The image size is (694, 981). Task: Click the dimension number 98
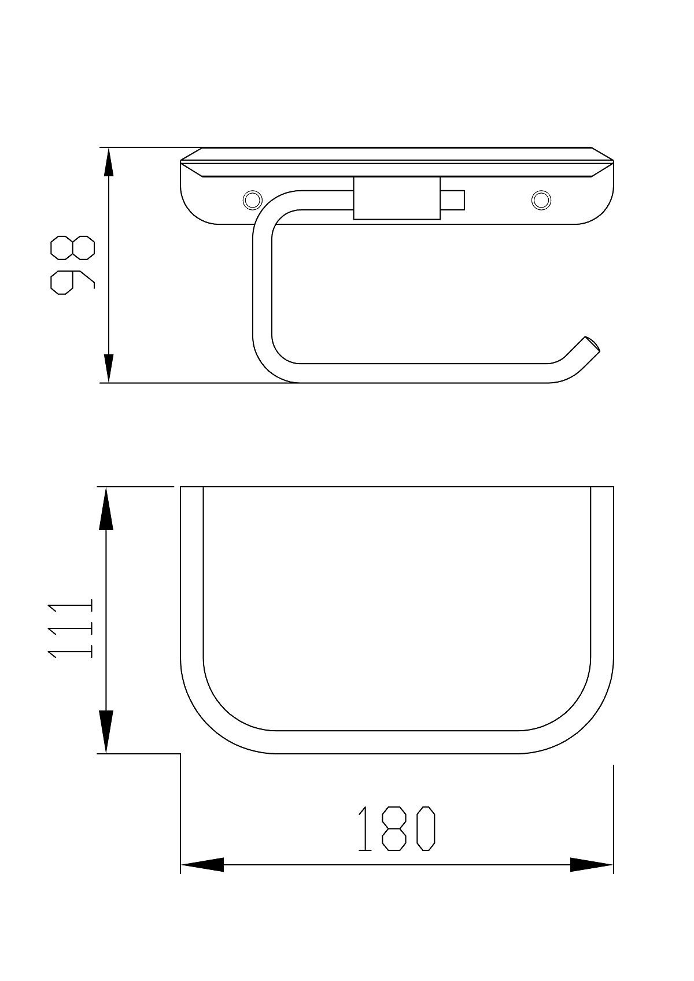[x=73, y=265]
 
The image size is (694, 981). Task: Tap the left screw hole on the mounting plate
[x=252, y=199]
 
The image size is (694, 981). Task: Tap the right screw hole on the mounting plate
[x=541, y=199]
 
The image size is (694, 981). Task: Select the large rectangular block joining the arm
[x=397, y=198]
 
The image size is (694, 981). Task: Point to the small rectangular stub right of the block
[x=453, y=200]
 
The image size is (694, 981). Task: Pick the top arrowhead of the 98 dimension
[x=108, y=162]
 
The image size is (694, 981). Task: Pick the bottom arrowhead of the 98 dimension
[x=108, y=368]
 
